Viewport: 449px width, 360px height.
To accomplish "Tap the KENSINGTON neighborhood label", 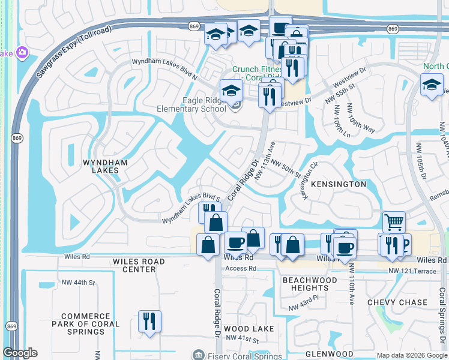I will pos(339,184).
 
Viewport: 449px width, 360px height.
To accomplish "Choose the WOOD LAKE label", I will pos(249,329).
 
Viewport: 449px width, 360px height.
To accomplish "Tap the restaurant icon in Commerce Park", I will pos(149,321).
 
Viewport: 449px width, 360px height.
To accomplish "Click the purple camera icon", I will pos(23,53).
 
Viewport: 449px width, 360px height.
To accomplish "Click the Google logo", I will pos(20,353).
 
